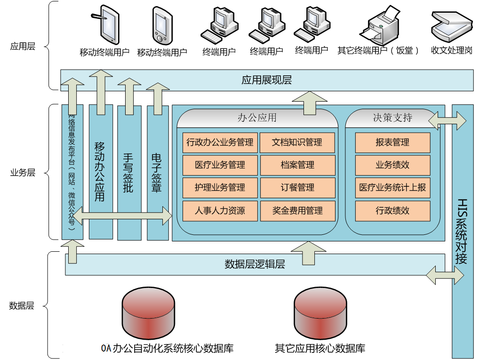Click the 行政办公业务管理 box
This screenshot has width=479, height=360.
tap(220, 142)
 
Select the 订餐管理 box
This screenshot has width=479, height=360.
tap(297, 188)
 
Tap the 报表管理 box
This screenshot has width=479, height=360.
tap(392, 142)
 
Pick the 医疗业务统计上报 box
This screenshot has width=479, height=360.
tap(392, 188)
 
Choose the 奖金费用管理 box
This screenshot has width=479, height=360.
tap(297, 210)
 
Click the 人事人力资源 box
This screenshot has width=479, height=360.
tap(220, 210)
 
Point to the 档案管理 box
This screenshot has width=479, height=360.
tap(297, 165)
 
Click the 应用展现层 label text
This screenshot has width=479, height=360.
tap(266, 80)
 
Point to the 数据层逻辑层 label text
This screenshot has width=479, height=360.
tap(255, 264)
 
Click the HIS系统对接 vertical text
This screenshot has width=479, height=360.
tap(462, 231)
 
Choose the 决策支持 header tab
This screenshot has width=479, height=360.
tap(392, 118)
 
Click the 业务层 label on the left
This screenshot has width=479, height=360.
tap(23, 173)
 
